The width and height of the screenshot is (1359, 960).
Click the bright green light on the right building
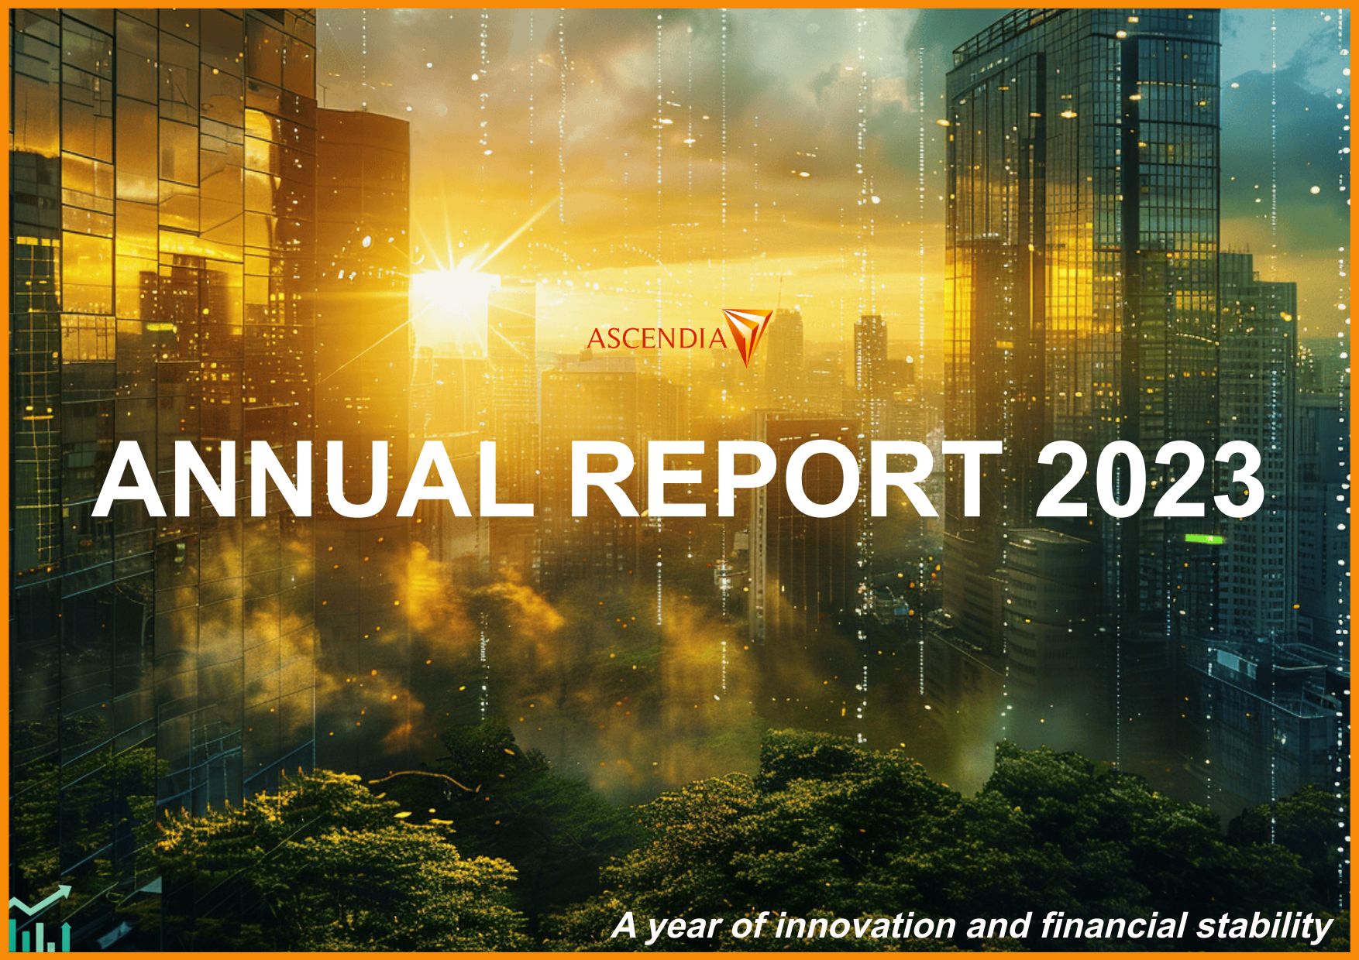pos(1203,538)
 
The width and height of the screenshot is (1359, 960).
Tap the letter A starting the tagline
pos(624,926)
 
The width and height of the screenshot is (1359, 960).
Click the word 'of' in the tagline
pos(752,926)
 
